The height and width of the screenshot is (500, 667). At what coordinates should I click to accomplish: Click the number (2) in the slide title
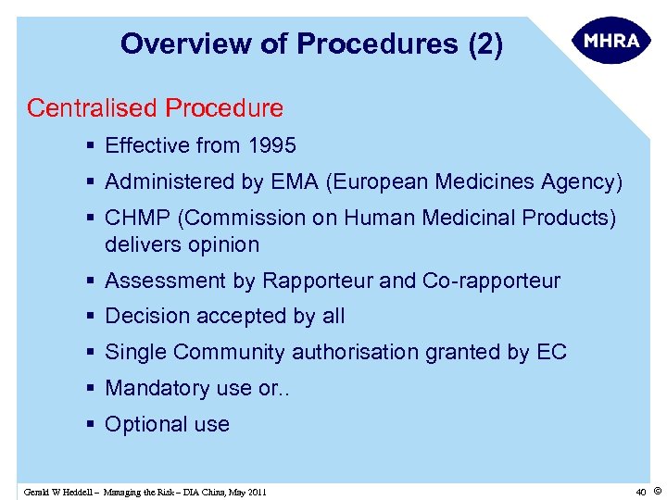pos(486,44)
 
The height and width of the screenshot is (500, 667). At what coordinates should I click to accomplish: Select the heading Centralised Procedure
pos(155,108)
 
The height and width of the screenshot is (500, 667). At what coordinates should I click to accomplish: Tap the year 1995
pos(272,145)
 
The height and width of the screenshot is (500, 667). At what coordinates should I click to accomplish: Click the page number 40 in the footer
pos(640,491)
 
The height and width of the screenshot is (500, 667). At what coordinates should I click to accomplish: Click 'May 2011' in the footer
pos(245,492)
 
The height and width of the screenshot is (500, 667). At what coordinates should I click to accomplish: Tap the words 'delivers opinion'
pos(182,244)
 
